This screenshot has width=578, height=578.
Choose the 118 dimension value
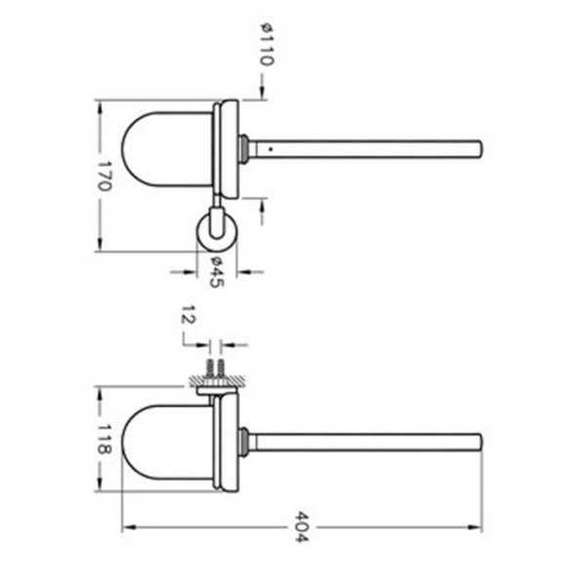(x=105, y=439)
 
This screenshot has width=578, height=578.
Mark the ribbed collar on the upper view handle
(x=242, y=148)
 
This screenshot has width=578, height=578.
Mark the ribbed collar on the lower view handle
(x=242, y=441)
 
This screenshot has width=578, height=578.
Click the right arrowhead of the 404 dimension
(x=477, y=529)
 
